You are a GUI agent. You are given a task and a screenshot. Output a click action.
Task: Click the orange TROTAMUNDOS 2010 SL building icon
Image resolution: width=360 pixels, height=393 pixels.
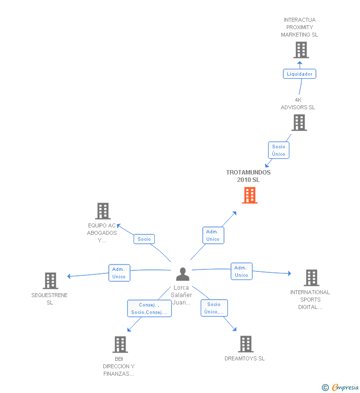click(250, 195)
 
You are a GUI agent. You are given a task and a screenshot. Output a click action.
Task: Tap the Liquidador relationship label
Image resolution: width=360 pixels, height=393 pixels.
click(299, 74)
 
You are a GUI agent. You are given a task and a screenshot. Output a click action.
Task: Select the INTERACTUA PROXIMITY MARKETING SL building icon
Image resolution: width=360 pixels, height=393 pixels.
click(301, 50)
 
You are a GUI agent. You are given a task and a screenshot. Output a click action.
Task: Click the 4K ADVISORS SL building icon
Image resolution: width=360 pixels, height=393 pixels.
click(299, 123)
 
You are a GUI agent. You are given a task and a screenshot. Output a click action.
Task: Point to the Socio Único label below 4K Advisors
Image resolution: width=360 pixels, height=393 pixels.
click(278, 150)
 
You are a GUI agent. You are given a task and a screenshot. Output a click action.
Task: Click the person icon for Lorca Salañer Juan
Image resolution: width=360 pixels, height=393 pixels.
click(182, 274)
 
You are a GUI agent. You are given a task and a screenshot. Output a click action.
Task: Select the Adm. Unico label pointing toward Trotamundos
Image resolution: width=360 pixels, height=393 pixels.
click(213, 235)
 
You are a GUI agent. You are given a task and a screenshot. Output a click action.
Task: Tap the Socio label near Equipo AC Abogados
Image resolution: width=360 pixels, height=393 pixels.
click(144, 239)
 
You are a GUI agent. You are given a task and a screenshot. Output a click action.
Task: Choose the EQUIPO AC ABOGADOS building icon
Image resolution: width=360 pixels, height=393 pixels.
click(102, 211)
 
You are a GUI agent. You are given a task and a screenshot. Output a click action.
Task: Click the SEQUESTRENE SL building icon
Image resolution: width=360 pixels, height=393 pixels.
click(50, 281)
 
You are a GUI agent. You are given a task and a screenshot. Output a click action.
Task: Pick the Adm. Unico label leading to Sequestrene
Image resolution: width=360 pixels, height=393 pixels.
click(119, 273)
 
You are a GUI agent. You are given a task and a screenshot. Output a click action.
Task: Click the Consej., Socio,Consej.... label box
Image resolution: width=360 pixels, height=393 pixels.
click(149, 308)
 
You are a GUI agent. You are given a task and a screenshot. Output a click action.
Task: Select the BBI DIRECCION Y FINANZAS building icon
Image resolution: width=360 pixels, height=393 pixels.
click(120, 345)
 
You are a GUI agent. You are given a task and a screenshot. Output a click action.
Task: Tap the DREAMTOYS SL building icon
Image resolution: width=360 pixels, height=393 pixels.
click(245, 344)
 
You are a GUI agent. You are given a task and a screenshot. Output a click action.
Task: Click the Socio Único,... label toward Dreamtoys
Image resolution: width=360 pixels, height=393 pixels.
click(214, 308)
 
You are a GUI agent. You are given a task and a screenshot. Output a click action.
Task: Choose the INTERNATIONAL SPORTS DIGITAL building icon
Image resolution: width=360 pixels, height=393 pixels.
click(311, 278)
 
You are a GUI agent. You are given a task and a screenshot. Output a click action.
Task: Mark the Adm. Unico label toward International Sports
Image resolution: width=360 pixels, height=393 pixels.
click(241, 271)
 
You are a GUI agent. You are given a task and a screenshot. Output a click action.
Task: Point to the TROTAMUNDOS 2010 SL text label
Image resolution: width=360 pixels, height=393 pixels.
click(248, 176)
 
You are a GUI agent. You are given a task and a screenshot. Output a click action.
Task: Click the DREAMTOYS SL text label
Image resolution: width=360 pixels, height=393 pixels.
click(244, 358)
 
